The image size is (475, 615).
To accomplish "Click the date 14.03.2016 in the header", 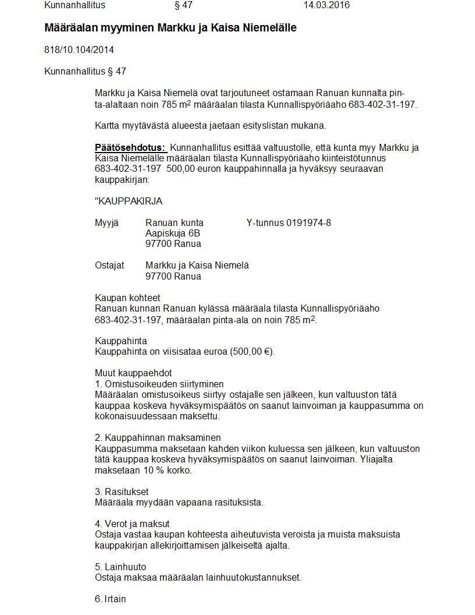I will [x=327, y=5].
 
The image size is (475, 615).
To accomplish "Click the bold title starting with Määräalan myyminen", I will [x=171, y=28].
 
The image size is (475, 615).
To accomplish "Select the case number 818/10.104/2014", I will [x=79, y=50].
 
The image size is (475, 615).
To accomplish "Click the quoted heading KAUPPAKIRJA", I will [x=129, y=202].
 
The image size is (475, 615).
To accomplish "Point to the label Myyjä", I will [x=106, y=223].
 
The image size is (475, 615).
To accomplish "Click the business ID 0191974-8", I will [x=309, y=223].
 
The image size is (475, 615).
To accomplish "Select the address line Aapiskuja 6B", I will [x=173, y=234].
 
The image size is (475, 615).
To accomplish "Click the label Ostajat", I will [x=109, y=266].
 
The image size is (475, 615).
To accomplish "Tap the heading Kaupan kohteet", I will [x=127, y=298].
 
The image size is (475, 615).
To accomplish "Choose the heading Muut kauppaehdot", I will [x=133, y=373].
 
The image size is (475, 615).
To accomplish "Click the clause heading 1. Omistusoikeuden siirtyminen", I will [x=159, y=384].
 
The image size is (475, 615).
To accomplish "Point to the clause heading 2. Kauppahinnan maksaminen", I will [x=158, y=437].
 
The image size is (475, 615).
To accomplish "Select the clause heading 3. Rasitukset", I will [x=122, y=492].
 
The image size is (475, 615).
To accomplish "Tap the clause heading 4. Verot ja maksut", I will [x=132, y=524].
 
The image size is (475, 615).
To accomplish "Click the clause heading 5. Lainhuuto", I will [x=120, y=567].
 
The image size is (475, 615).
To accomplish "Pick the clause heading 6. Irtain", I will [x=111, y=599].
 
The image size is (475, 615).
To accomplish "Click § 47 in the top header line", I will [x=183, y=5].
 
